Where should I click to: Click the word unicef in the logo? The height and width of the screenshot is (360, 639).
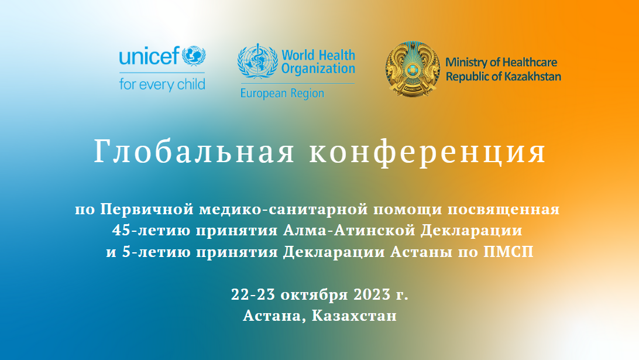[x=149, y=56]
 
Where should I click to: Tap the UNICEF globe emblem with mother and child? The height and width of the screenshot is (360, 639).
[x=194, y=56]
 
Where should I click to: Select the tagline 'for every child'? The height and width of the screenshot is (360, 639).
[x=162, y=85]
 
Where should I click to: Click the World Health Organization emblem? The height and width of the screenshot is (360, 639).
[x=258, y=61]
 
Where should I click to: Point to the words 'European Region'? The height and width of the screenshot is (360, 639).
[x=282, y=93]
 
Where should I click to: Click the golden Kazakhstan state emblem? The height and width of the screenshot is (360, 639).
[x=413, y=68]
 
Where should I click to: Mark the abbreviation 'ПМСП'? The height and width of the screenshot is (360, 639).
[x=508, y=252]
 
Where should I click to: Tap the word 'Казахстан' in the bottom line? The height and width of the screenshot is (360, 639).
[x=354, y=316]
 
